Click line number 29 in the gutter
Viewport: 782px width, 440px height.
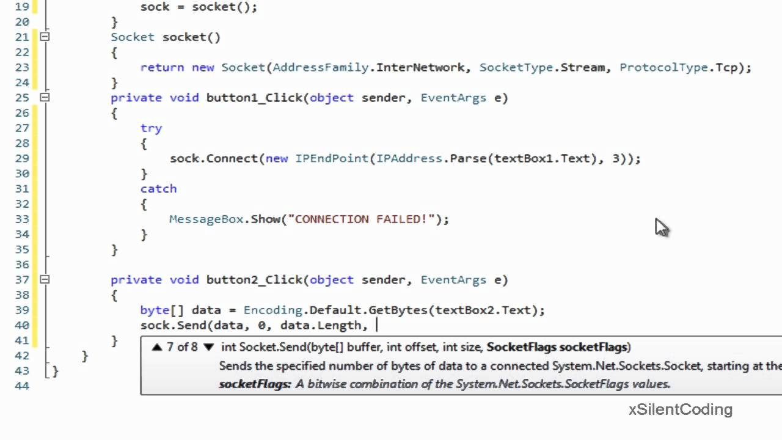click(x=22, y=158)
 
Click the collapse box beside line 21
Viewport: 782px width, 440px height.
click(x=45, y=37)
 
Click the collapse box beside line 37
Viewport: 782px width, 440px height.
click(x=45, y=279)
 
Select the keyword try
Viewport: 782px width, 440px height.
click(x=151, y=128)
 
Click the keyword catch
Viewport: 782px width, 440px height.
click(x=158, y=189)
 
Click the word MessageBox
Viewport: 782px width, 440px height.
click(x=206, y=219)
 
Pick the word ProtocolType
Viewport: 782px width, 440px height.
click(x=663, y=67)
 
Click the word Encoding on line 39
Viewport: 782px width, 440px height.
click(x=272, y=310)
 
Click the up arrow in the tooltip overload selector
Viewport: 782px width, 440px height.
click(x=157, y=347)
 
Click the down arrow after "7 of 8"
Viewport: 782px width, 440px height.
click(x=208, y=347)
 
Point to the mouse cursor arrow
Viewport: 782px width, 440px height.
click(x=661, y=227)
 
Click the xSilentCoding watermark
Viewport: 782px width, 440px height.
click(x=680, y=409)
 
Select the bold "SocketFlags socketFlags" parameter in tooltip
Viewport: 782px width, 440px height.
click(x=557, y=347)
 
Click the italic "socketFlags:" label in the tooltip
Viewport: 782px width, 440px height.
click(x=255, y=384)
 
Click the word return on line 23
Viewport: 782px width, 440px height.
click(x=162, y=67)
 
